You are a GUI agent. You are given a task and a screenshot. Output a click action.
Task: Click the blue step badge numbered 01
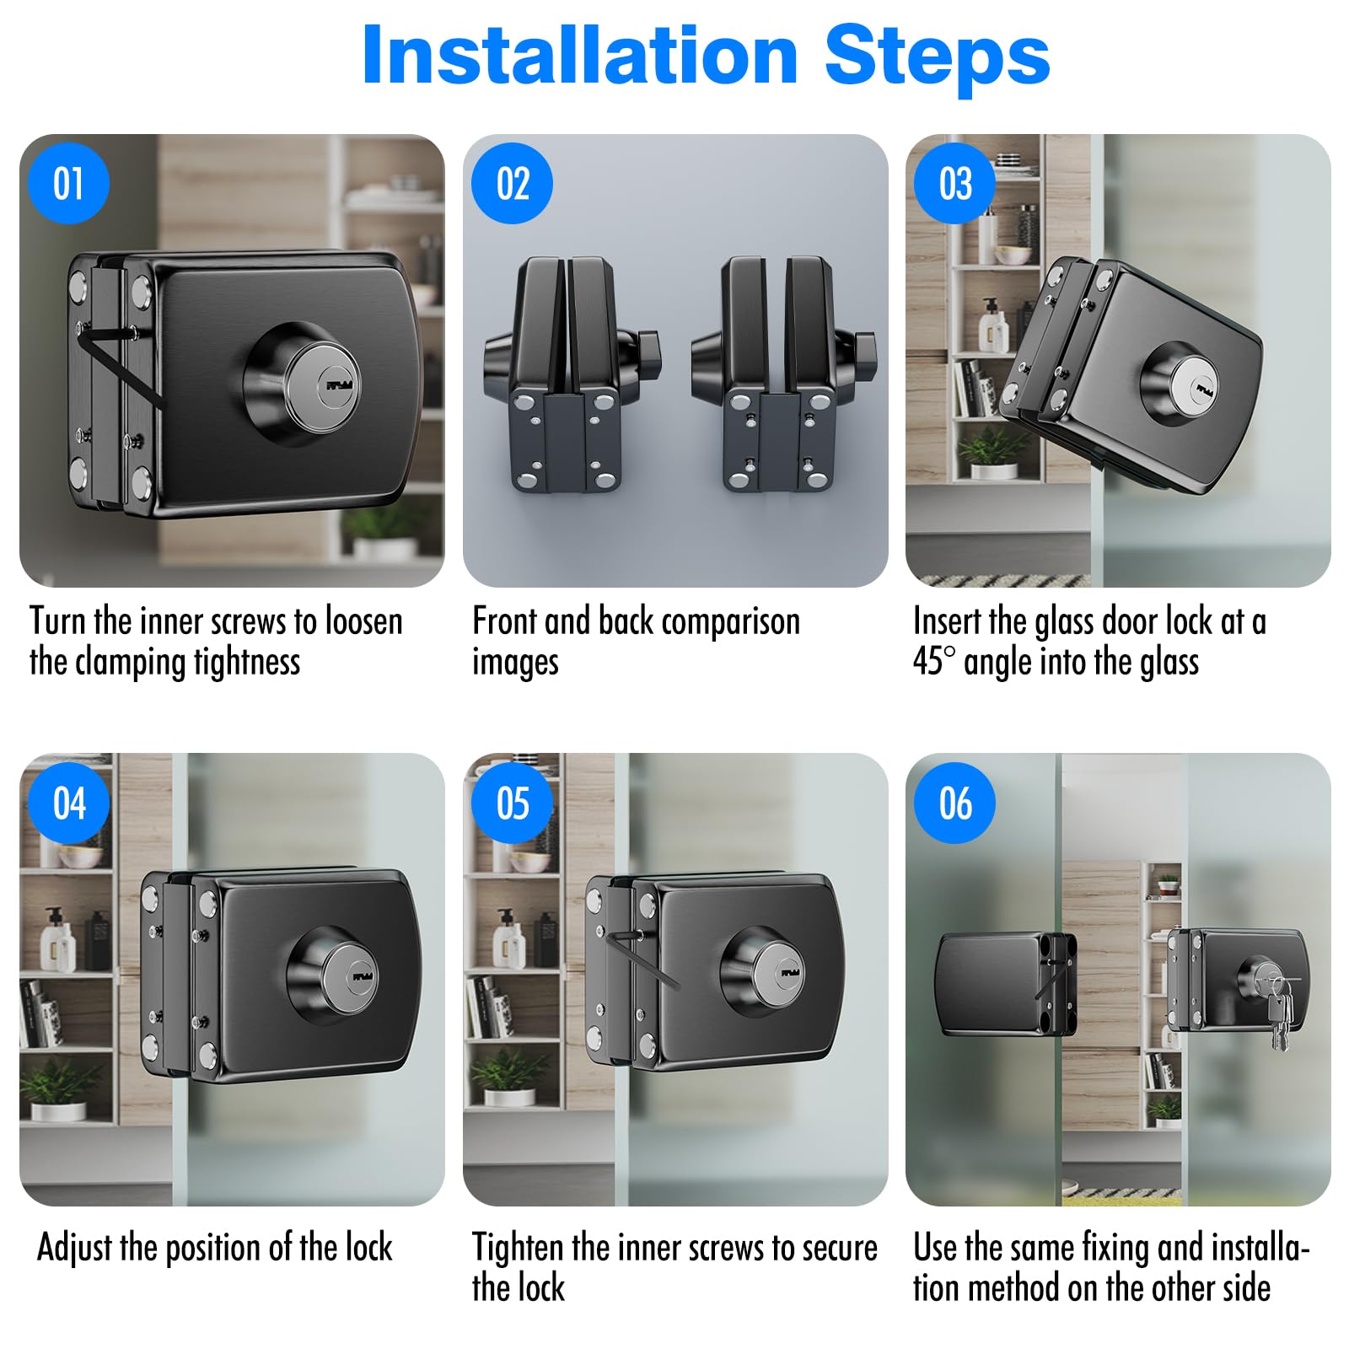(x=68, y=183)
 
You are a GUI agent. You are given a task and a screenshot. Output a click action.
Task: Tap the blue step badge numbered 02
(x=512, y=183)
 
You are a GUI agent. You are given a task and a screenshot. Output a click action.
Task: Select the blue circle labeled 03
(x=954, y=183)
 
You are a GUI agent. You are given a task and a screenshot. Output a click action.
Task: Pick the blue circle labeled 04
(x=68, y=803)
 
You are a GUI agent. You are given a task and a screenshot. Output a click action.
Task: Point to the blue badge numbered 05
(x=512, y=803)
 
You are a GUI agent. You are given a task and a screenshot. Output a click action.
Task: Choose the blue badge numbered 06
(x=954, y=803)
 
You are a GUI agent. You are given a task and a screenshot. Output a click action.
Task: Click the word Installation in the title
(x=580, y=56)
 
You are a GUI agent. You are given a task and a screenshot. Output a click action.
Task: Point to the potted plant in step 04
(x=56, y=1088)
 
